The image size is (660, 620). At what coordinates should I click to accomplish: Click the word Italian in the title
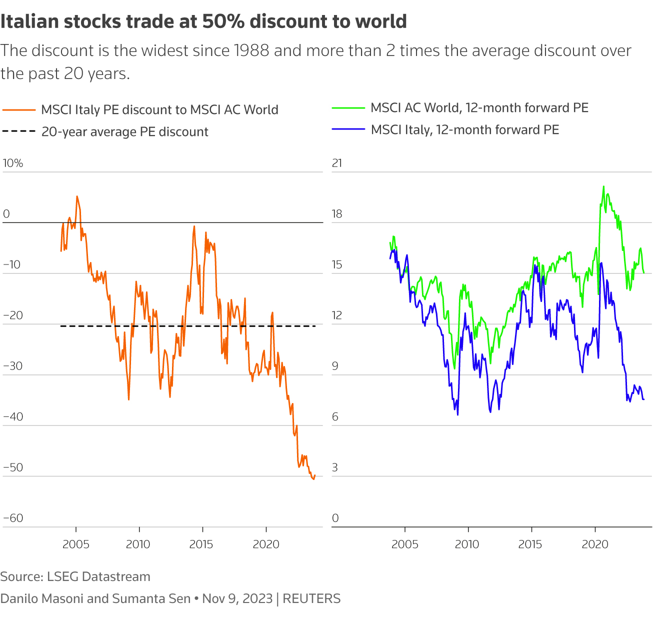29,21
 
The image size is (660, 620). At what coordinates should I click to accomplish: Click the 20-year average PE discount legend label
124,132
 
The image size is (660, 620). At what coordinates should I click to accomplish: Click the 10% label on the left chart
13,163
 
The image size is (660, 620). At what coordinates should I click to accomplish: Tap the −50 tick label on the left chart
13,467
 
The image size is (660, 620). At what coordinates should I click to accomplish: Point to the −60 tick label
13,518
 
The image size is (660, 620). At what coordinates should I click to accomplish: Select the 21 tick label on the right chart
337,163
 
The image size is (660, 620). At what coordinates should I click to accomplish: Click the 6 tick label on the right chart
335,417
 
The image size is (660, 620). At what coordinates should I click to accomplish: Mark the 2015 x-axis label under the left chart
201,544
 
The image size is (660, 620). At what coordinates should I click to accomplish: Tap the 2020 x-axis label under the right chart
594,544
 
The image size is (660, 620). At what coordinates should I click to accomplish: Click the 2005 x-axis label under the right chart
404,544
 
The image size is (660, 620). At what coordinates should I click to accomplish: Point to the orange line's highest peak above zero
77,196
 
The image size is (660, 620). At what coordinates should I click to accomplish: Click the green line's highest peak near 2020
603,186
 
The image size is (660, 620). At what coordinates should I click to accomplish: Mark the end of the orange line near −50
314,475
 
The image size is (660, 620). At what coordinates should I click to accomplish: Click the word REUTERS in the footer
311,599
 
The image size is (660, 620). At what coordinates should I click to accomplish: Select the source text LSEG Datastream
98,577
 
